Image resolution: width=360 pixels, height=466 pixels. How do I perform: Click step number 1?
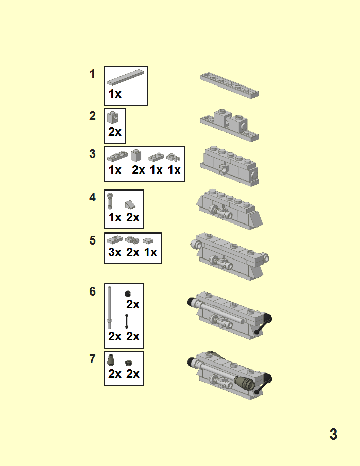[x=93, y=74]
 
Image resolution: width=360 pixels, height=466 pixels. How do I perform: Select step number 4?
[x=93, y=197]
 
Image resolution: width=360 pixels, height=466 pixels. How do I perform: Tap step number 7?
[x=93, y=359]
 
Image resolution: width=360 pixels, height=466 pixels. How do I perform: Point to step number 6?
[x=93, y=291]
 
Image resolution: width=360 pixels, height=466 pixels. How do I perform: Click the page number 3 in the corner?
[x=333, y=434]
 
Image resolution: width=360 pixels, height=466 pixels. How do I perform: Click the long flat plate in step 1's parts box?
[x=126, y=77]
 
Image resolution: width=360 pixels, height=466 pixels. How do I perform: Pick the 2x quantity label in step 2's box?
[x=115, y=132]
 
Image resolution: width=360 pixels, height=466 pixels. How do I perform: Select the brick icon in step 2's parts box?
[x=112, y=117]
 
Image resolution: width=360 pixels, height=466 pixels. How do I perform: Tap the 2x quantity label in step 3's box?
[x=138, y=170]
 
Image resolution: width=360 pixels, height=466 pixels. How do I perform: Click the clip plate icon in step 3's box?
[x=173, y=157]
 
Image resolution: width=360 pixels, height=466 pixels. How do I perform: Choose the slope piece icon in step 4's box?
[x=130, y=204]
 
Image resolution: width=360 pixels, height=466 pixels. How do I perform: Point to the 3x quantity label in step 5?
[x=115, y=252]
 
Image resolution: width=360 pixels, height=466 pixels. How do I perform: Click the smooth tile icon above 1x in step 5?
[x=148, y=241]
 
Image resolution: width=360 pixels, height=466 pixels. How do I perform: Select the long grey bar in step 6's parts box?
[x=109, y=307]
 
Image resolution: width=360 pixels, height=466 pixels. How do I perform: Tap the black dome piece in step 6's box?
[x=128, y=294]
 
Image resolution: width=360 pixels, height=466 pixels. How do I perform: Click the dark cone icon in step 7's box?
[x=111, y=360]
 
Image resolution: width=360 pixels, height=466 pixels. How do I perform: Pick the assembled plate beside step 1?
[x=230, y=85]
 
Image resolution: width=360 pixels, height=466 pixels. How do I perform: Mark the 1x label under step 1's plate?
[x=115, y=94]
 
